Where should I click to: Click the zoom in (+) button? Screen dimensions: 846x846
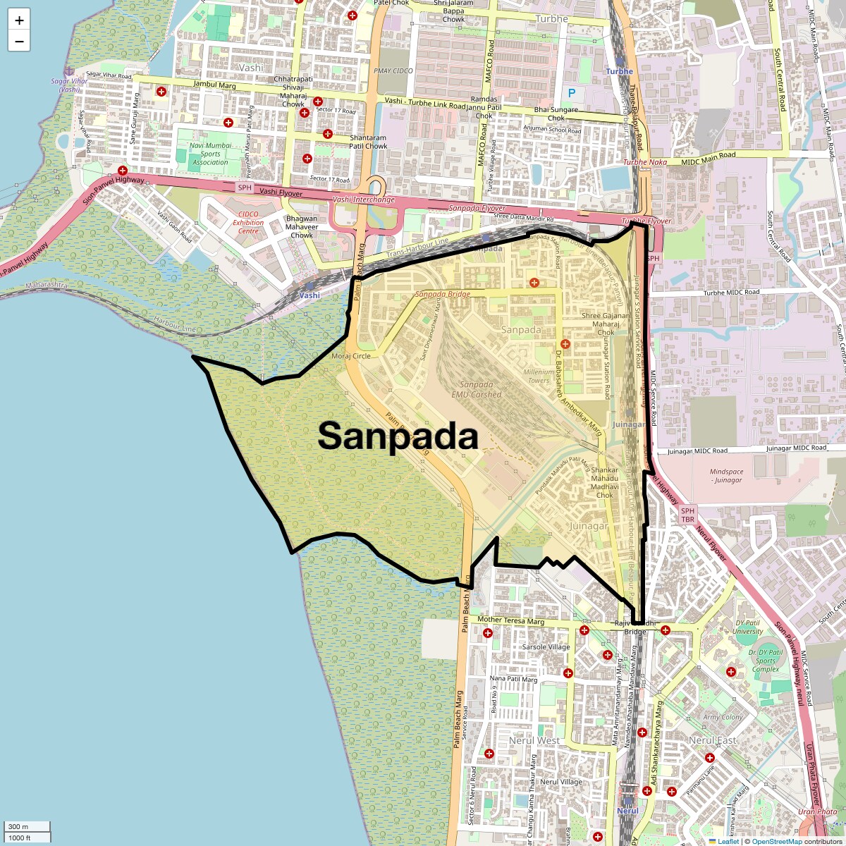pyautogui.click(x=19, y=20)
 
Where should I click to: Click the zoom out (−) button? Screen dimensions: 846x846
pyautogui.click(x=19, y=42)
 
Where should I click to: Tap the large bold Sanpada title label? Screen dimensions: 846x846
pyautogui.click(x=398, y=436)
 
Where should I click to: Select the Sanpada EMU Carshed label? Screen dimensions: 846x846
pyautogui.click(x=477, y=389)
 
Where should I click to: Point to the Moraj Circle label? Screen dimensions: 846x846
pyautogui.click(x=351, y=357)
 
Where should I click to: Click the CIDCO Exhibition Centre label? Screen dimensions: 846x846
pyautogui.click(x=248, y=222)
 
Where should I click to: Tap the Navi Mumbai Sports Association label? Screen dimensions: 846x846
pyautogui.click(x=210, y=154)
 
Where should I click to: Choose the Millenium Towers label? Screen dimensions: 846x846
pyautogui.click(x=539, y=376)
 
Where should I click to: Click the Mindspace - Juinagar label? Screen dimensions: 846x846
pyautogui.click(x=727, y=476)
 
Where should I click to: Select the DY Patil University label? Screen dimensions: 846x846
pyautogui.click(x=748, y=627)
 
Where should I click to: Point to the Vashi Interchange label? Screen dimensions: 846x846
pyautogui.click(x=364, y=200)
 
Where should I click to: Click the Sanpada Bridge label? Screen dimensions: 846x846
pyautogui.click(x=443, y=294)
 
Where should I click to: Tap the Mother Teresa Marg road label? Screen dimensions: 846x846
pyautogui.click(x=511, y=620)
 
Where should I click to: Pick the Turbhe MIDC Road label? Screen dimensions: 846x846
pyautogui.click(x=732, y=292)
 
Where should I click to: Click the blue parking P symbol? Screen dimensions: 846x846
pyautogui.click(x=572, y=93)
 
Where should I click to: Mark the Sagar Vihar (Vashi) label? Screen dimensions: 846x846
pyautogui.click(x=70, y=85)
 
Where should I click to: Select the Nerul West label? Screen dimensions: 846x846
pyautogui.click(x=534, y=740)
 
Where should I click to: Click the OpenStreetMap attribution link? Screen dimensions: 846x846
pyautogui.click(x=777, y=841)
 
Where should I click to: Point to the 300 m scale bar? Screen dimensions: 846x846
pyautogui.click(x=27, y=826)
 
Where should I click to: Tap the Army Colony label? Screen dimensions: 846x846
pyautogui.click(x=723, y=717)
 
